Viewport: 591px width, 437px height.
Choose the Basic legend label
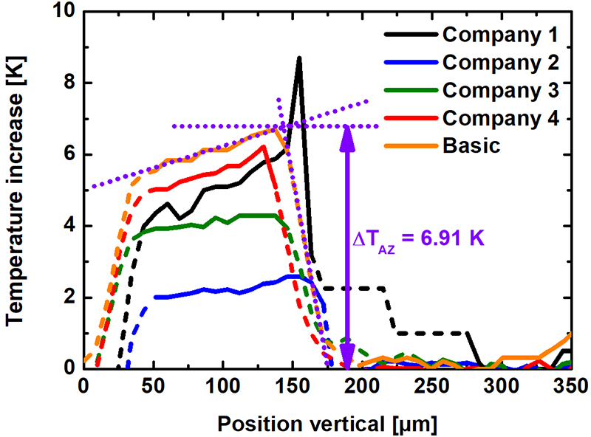click(x=473, y=145)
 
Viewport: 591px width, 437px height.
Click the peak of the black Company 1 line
click(x=299, y=57)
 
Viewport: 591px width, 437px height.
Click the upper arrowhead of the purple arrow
click(x=346, y=133)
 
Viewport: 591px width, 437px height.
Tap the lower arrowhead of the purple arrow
click(x=346, y=362)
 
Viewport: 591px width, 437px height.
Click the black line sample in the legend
click(x=410, y=35)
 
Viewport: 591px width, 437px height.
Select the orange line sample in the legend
click(x=410, y=145)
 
